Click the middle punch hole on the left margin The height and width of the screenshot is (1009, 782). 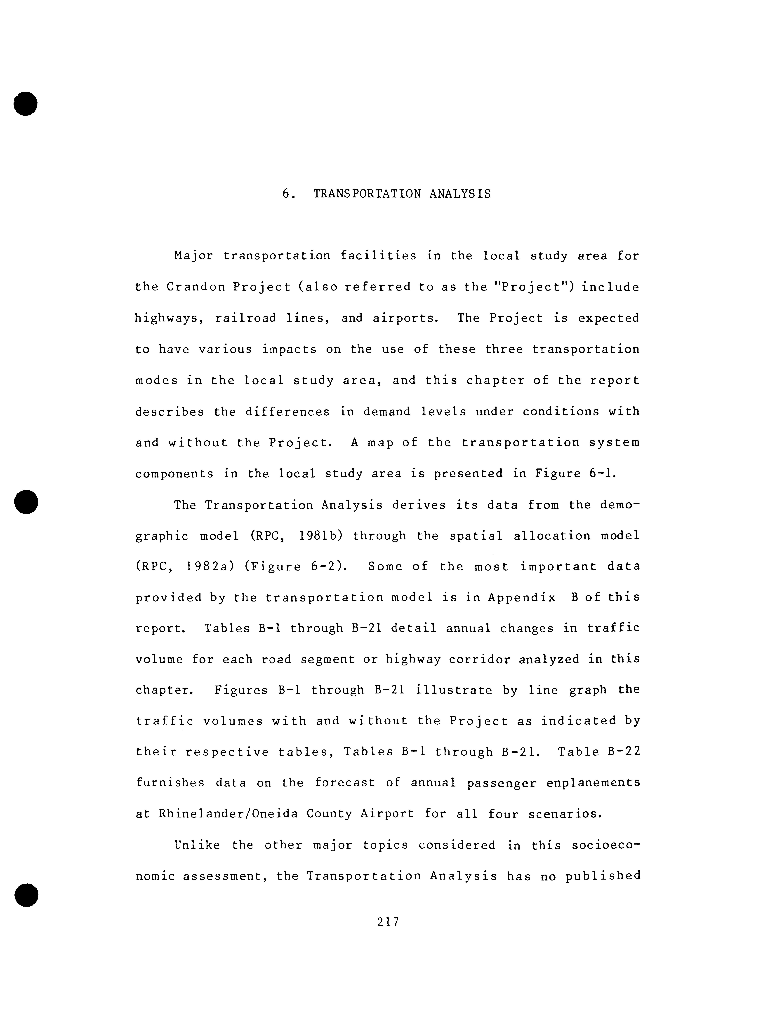click(25, 501)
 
